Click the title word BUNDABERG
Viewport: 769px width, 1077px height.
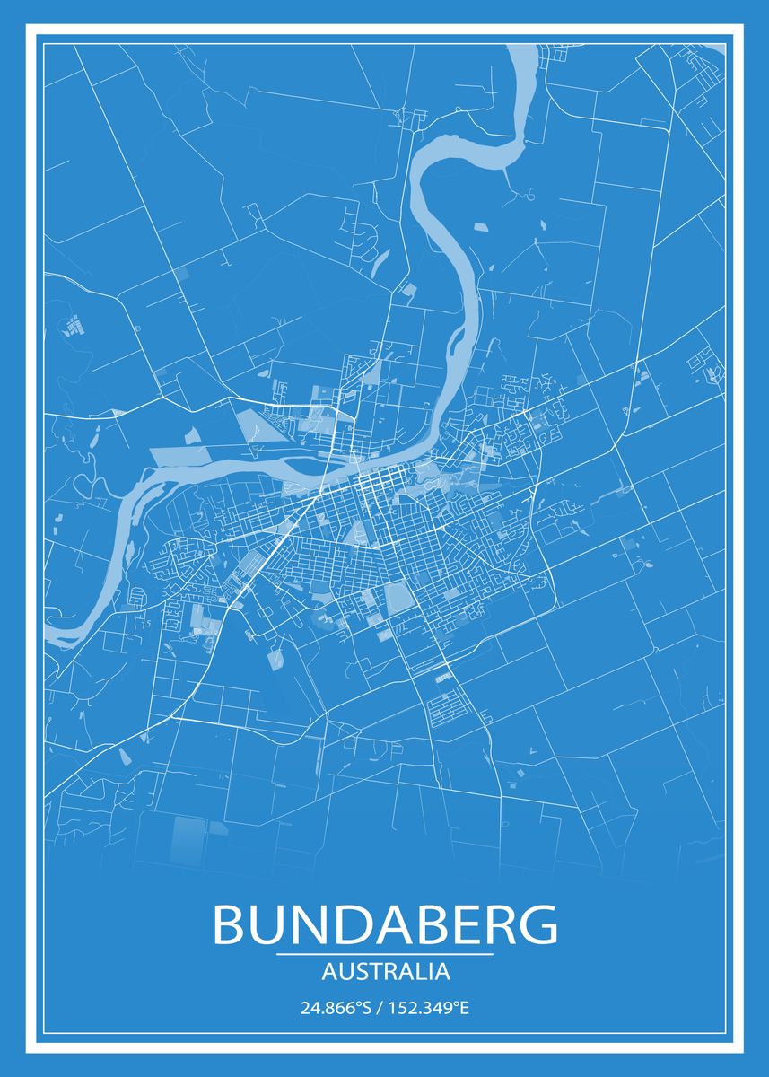[385, 924]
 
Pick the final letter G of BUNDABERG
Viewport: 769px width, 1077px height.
[537, 924]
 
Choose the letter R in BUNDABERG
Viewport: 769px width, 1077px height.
[497, 924]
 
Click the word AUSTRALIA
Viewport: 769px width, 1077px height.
[385, 971]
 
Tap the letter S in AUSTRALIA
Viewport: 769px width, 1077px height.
[358, 971]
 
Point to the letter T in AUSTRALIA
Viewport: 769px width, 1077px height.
[371, 971]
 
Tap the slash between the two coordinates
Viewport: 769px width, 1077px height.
[381, 1008]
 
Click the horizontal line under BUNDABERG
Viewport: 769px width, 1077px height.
[385, 954]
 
